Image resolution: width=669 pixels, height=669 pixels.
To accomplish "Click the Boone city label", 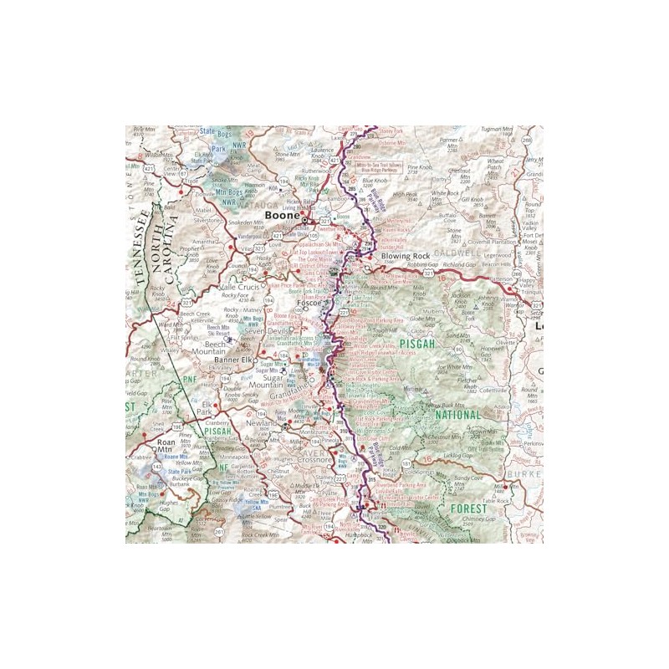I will pyautogui.click(x=283, y=215).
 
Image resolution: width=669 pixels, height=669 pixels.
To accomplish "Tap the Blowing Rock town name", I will pyautogui.click(x=405, y=257).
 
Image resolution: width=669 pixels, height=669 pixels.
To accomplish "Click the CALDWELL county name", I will pyautogui.click(x=459, y=250).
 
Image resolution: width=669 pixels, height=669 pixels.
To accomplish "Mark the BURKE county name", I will pyautogui.click(x=525, y=472).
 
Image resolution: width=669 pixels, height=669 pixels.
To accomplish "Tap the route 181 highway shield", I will pyautogui.click(x=407, y=463).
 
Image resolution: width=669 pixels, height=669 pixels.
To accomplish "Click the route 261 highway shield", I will pyautogui.click(x=219, y=531).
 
